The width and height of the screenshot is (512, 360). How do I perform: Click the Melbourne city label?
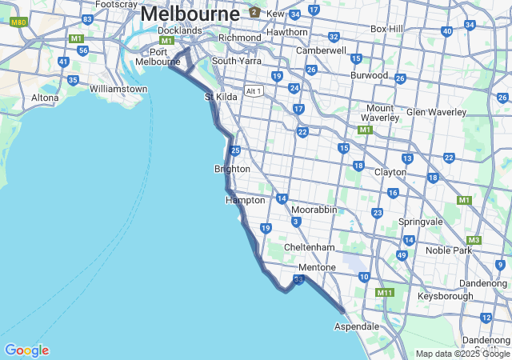tap(190, 14)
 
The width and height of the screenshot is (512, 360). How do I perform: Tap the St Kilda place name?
tap(221, 97)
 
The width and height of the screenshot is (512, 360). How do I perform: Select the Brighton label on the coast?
tap(232, 169)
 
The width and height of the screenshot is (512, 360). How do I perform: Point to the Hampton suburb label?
tap(245, 200)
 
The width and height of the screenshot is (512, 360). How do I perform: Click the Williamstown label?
tap(118, 89)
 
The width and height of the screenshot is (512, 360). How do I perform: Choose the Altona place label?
tap(45, 98)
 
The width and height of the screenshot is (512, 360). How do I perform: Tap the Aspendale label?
tap(357, 326)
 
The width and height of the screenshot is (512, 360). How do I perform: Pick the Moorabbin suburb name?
tap(314, 210)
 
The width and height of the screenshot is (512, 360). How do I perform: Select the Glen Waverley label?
tap(436, 112)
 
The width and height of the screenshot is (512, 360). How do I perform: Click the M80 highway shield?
tap(19, 22)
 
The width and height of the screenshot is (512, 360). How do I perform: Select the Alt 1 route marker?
tap(254, 90)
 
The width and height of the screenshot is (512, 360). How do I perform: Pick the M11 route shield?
tap(385, 293)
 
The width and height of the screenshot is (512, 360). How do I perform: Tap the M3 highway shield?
tap(474, 240)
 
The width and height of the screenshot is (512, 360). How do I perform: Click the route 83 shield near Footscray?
tap(87, 18)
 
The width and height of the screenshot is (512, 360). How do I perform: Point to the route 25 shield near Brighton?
tap(235, 150)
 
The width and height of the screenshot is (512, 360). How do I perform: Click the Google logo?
tap(26, 350)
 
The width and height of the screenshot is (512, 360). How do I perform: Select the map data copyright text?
tap(462, 354)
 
